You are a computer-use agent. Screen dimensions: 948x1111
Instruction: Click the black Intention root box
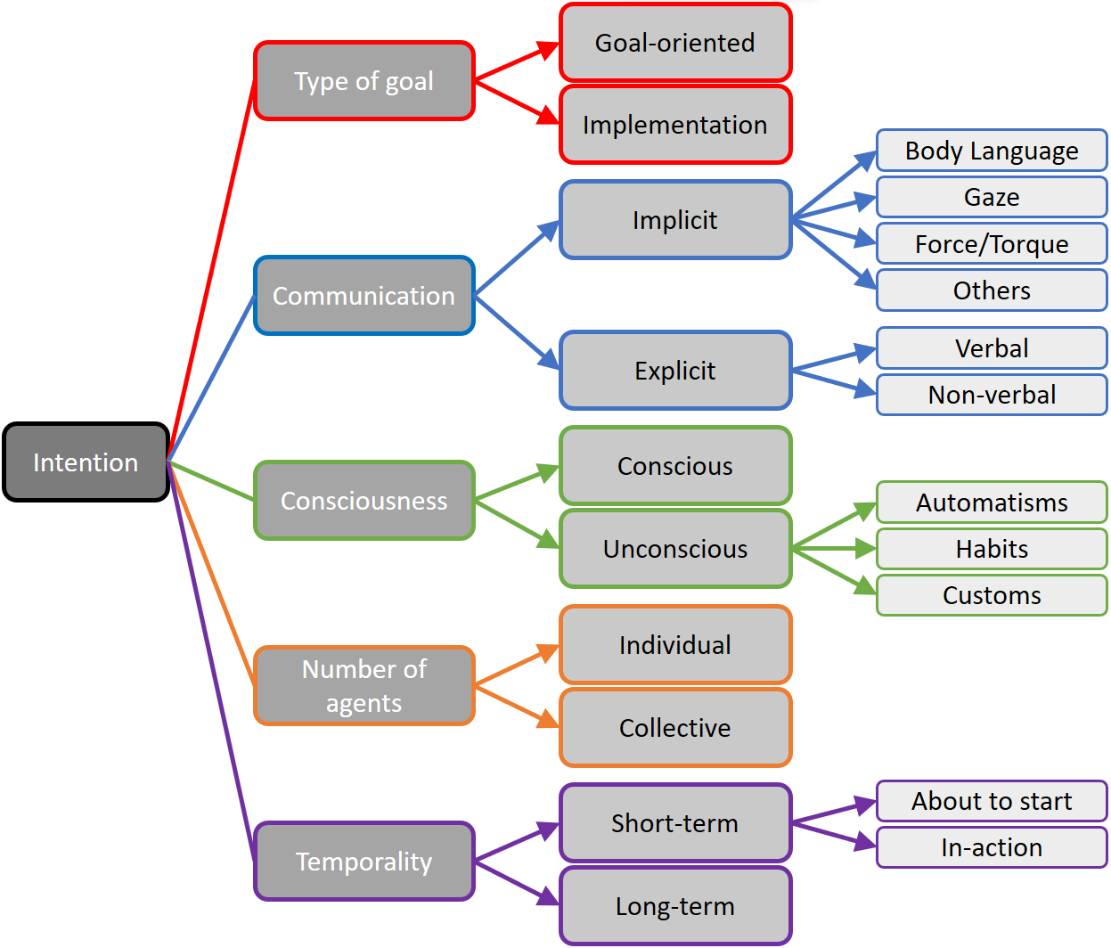86,462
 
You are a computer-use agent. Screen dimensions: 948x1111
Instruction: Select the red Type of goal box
364,81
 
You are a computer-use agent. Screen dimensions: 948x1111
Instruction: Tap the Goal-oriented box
674,43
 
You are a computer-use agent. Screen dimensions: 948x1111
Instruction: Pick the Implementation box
674,125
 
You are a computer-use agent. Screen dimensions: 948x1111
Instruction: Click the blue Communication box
364,296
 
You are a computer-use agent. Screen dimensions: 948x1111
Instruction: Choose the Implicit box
674,220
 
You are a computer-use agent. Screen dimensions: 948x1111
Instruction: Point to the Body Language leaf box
991,151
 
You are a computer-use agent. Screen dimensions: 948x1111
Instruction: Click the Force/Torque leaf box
991,243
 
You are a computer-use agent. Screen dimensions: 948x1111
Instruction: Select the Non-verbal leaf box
991,395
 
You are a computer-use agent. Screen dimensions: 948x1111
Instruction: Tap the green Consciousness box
364,501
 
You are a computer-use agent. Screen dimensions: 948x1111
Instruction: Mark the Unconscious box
674,549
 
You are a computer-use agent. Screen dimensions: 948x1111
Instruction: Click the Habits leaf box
991,549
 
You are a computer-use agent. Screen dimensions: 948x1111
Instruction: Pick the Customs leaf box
991,595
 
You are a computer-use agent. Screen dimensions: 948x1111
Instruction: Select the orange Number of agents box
364,685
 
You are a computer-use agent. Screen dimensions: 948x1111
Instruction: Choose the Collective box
674,728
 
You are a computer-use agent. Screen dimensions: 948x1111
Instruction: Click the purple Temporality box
364,862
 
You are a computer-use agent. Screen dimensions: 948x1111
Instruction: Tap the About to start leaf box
991,801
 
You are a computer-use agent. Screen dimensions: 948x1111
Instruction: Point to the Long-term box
674,906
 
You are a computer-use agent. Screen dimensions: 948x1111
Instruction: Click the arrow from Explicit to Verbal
833,360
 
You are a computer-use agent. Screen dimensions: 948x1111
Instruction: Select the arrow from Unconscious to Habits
833,549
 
